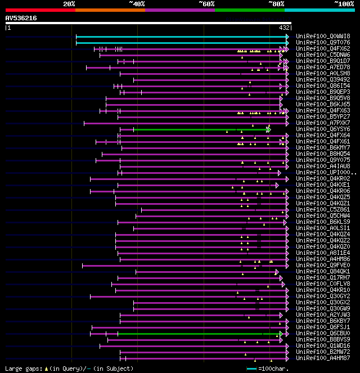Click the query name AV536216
21,18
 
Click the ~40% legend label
137,4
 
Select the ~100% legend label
344,4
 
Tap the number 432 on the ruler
284,27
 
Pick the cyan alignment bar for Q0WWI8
180,37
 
